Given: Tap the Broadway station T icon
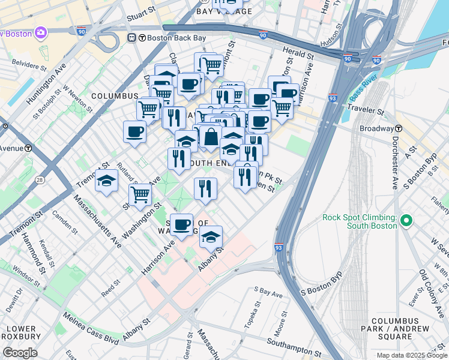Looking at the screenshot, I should [398, 128].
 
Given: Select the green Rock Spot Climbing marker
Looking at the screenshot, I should [406, 221].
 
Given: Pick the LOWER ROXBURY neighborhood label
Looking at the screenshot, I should [20, 334].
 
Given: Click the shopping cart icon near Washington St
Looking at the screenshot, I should [140, 193].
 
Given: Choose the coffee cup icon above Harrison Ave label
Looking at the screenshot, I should [181, 224].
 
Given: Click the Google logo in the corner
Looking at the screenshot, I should [20, 353].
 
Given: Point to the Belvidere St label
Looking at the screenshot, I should [25, 61].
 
